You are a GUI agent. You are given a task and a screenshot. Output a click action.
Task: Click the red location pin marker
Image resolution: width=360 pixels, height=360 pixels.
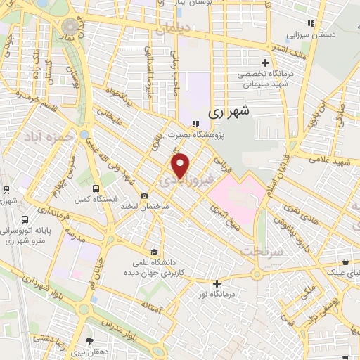pos(181,165)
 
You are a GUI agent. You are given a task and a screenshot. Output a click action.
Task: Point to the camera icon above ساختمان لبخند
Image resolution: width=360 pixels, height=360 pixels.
pos(145,195)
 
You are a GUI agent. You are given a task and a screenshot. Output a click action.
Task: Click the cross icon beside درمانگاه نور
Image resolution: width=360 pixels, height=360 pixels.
pos(217,283)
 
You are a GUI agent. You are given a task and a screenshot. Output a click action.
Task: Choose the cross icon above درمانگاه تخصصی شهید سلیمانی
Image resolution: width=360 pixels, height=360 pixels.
pos(265,62)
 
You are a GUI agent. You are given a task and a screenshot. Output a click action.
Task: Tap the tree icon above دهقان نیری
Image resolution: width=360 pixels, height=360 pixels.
pos(89,340)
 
